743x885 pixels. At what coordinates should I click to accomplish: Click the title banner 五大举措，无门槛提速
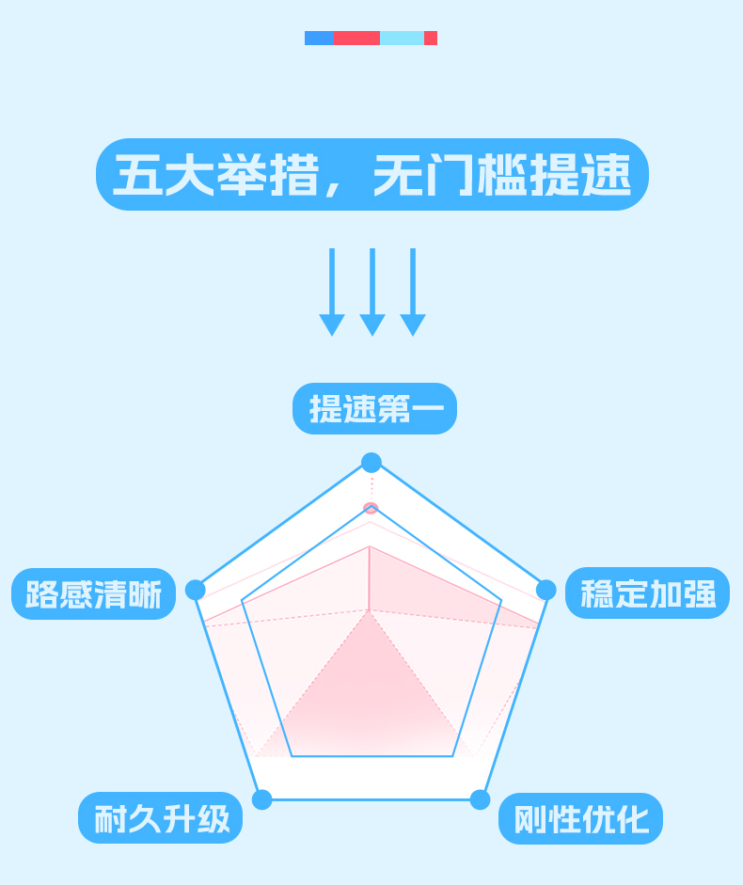(372, 175)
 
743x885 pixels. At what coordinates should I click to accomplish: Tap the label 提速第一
(374, 409)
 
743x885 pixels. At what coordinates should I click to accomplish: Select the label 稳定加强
(647, 593)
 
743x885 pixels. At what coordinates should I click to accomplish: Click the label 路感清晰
(93, 594)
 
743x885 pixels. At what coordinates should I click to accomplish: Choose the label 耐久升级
(160, 818)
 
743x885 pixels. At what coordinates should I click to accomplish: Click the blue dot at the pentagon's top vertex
(371, 463)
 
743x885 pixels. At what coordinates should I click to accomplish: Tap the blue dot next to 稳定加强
(546, 590)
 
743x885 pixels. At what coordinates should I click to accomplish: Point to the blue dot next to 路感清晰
(196, 590)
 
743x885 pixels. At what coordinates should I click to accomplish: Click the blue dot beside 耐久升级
(262, 799)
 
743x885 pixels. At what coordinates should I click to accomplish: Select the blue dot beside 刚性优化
(481, 799)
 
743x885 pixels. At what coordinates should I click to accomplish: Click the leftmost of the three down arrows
(332, 292)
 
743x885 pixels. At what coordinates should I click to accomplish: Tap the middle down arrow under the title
(372, 292)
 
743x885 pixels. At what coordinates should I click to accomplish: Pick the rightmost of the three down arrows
(413, 292)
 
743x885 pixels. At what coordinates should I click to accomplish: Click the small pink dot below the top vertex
(371, 508)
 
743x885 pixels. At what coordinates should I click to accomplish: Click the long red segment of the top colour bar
(357, 39)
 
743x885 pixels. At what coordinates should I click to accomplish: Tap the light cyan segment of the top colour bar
(402, 39)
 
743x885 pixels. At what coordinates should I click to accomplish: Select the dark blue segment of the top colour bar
(319, 39)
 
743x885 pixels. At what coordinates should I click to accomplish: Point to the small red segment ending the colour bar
(431, 39)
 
